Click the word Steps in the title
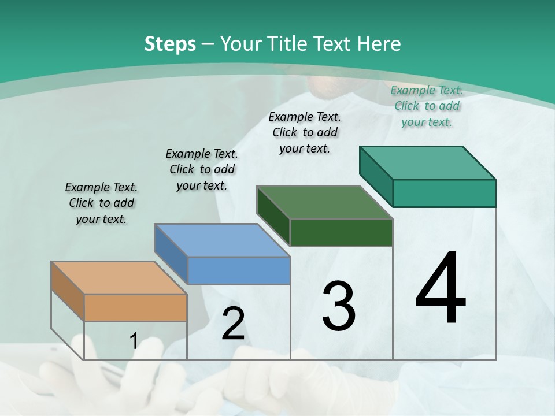tap(169, 44)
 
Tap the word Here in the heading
tap(379, 44)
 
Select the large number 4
tap(441, 289)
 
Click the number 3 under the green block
tap(339, 307)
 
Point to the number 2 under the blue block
tap(233, 324)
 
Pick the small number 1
tap(134, 341)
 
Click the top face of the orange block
tap(119, 278)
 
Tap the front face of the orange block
tap(135, 307)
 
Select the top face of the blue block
tap(222, 240)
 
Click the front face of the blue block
tap(239, 270)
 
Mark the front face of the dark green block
tap(341, 232)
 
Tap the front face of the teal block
tap(444, 193)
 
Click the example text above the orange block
tap(101, 203)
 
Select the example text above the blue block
tap(202, 169)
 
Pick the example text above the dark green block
tap(305, 132)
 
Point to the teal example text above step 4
tap(427, 106)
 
